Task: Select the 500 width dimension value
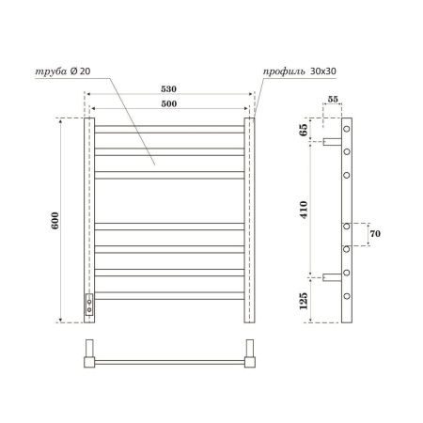click(x=169, y=102)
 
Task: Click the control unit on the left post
click(x=90, y=302)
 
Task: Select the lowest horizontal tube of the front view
click(x=170, y=294)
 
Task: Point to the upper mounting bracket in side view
click(x=332, y=144)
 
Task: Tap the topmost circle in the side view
click(x=347, y=128)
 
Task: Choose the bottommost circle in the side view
click(x=347, y=296)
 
